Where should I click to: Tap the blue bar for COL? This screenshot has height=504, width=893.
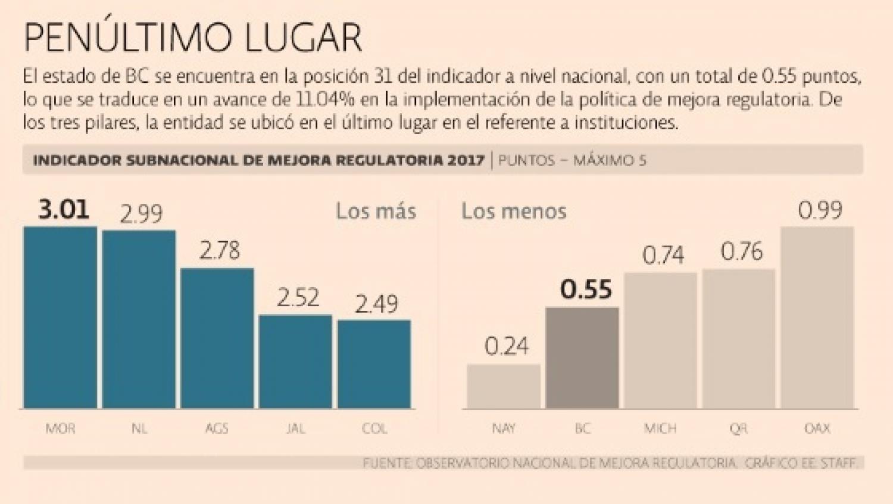coord(374,364)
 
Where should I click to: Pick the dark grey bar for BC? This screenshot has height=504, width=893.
coord(582,358)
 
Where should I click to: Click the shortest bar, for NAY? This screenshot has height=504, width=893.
coord(504,387)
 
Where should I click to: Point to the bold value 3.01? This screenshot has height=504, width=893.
coord(64,210)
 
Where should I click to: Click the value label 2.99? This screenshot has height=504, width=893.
coord(141,214)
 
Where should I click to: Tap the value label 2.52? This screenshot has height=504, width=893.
coord(298,298)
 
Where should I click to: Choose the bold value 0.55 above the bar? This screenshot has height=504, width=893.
coord(586,290)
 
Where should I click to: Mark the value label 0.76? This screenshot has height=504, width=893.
coord(742,252)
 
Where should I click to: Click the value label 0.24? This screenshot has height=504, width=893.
coord(507,346)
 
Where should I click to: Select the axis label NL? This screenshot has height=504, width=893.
coord(139,428)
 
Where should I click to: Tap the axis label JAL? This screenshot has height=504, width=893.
coord(296,428)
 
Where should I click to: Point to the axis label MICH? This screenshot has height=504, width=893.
coord(660,428)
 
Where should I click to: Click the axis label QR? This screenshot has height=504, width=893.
coord(738,428)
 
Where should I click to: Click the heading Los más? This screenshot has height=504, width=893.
coord(376,211)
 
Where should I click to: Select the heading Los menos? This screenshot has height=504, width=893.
coord(514,211)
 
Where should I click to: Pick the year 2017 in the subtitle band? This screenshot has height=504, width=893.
coord(467,160)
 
